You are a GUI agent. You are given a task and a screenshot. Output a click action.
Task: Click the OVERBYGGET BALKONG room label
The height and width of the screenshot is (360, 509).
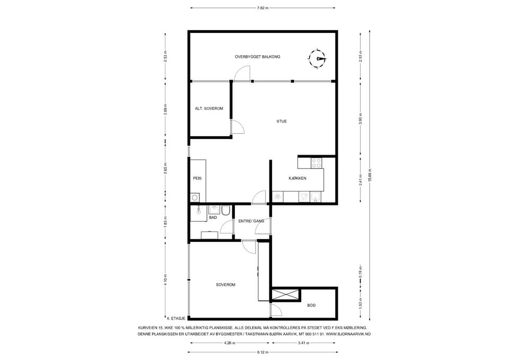[258, 57]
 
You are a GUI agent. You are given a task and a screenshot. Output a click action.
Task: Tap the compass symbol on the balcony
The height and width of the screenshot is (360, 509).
[317, 59]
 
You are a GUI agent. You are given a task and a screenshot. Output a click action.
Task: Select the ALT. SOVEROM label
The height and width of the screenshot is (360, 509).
[209, 108]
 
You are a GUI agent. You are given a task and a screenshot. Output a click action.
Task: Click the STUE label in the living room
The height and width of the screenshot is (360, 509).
[282, 121]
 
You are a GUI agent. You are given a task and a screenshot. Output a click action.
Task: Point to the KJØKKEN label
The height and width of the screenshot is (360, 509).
[297, 178]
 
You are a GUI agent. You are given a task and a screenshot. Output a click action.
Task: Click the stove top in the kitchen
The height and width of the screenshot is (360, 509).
[317, 163]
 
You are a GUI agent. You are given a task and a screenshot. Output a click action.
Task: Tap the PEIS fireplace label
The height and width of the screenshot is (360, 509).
[197, 178]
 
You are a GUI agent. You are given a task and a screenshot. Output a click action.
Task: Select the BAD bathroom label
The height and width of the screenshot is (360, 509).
[213, 217]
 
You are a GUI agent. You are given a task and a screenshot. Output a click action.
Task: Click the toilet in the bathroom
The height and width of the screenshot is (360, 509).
[226, 210]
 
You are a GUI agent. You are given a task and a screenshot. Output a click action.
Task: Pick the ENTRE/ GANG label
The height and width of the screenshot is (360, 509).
[251, 221]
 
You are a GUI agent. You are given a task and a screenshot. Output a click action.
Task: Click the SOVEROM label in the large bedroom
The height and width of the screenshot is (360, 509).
[226, 285]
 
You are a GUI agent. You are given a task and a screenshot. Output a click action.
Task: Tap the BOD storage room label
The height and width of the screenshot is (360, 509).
[311, 305]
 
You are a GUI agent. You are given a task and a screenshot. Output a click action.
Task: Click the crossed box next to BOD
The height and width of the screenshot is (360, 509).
[285, 294]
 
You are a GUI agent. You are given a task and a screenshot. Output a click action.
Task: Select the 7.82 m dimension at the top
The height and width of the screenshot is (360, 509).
[262, 8]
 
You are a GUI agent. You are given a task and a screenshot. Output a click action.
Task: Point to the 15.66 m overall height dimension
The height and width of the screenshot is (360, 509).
[370, 175]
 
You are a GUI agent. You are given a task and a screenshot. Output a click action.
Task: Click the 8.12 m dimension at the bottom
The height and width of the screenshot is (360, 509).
[262, 352]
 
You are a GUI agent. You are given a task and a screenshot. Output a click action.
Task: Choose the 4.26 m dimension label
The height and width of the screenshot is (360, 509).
[230, 343]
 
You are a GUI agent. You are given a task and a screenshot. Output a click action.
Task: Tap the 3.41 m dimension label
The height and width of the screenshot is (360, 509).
[304, 343]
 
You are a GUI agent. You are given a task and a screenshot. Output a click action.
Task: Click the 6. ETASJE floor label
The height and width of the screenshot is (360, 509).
[176, 319]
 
